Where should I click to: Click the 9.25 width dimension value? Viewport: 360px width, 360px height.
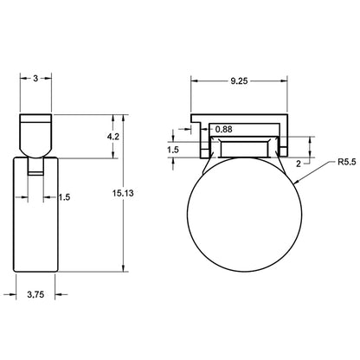[x=239, y=81]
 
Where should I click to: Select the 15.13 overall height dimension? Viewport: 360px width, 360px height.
[x=123, y=193]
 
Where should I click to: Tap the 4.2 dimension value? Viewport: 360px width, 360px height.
[x=113, y=137]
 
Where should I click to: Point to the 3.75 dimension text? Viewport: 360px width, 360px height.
[x=35, y=294]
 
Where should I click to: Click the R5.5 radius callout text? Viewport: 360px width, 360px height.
[x=347, y=162]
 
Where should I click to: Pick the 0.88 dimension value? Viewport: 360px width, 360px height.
[x=223, y=129]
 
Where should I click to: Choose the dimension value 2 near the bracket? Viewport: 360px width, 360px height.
[x=299, y=164]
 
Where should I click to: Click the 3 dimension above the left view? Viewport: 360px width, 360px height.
[x=35, y=78]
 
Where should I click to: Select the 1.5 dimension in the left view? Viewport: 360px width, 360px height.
[x=64, y=197]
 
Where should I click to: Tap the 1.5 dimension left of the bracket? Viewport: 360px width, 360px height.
[x=173, y=150]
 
